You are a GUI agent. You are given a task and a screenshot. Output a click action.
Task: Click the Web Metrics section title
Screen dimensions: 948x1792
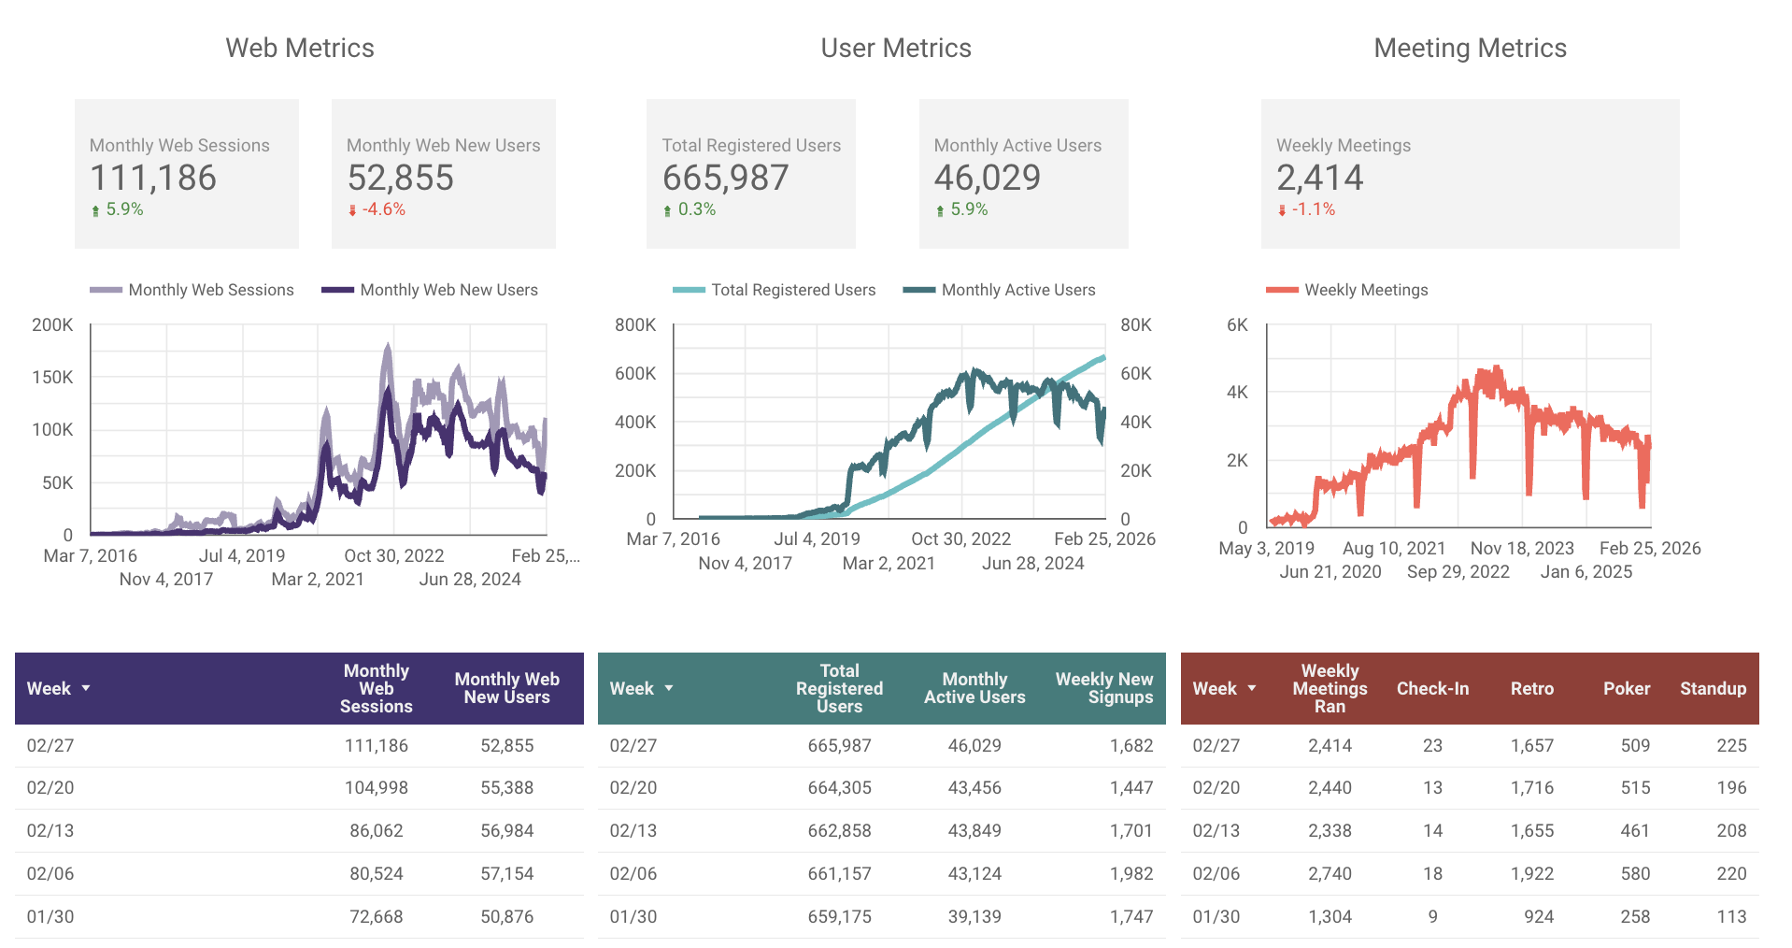click(299, 49)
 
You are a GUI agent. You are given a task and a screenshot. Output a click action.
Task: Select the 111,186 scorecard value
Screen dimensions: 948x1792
click(153, 178)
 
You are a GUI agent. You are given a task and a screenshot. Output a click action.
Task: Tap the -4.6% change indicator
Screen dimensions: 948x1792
click(383, 209)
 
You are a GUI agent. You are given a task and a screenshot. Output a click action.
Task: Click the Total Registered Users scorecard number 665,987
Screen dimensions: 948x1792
click(725, 178)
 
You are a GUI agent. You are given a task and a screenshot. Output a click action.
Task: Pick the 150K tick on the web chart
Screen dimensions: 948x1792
click(52, 378)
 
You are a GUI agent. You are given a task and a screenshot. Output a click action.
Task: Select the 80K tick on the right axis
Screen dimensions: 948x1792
click(1135, 325)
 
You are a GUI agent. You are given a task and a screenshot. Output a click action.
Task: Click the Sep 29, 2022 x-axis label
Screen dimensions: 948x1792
click(1458, 572)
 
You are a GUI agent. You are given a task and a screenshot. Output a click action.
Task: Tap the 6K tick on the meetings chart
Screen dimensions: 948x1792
click(1237, 325)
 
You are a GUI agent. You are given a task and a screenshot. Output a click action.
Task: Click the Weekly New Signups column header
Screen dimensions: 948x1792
click(1103, 688)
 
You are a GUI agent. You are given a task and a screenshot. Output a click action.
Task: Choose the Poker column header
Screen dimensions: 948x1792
click(1626, 689)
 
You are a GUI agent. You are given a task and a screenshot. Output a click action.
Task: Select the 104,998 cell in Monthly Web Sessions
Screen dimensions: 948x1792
click(376, 788)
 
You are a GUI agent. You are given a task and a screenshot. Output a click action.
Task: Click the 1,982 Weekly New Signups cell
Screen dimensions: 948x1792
click(1131, 874)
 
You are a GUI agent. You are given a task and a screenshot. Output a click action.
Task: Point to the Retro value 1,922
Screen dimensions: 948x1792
click(1531, 874)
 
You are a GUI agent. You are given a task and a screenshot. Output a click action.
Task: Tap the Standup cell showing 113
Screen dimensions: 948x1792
click(1730, 917)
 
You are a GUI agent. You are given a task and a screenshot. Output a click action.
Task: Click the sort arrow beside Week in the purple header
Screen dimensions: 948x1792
click(86, 688)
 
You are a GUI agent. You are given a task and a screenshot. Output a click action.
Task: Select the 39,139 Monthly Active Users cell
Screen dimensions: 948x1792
click(974, 917)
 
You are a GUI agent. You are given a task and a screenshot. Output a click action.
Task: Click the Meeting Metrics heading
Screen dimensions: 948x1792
click(1469, 49)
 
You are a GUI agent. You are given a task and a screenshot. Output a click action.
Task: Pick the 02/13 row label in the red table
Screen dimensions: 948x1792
click(1216, 831)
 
